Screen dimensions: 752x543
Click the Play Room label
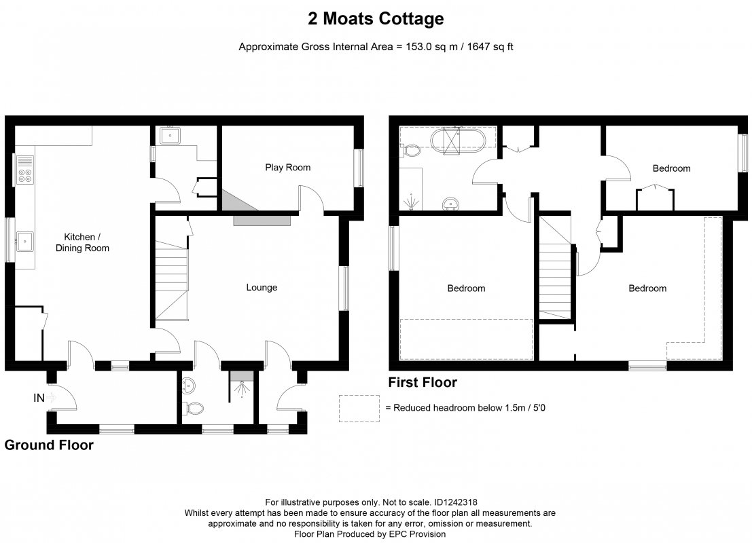288,167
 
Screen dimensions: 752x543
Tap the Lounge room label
262,288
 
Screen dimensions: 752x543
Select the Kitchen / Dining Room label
82,242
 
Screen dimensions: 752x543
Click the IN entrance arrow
52,397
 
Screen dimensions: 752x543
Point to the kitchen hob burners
25,176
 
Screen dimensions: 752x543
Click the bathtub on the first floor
458,141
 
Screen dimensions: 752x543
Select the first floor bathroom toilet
410,151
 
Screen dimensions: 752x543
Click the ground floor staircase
171,280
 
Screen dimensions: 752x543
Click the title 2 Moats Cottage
376,19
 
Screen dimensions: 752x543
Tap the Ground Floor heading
49,445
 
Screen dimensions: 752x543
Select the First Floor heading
423,382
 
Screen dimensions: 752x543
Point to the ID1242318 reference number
456,502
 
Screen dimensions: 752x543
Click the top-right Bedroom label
671,168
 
